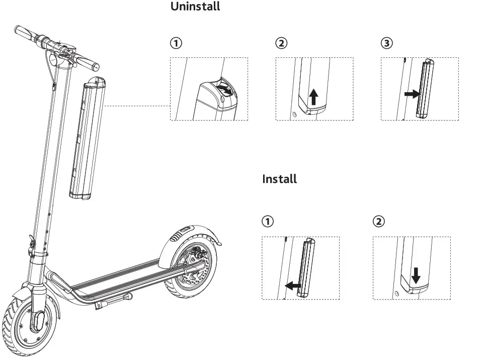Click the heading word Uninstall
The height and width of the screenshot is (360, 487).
point(195,7)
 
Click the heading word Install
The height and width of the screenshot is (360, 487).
point(279,179)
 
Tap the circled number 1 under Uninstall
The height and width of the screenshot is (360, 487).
point(175,43)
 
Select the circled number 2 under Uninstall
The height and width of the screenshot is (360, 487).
point(281,43)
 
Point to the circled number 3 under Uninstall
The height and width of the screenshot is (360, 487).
point(386,43)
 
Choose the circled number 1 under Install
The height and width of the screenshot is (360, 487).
point(268,222)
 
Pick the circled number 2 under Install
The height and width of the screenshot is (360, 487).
point(378,222)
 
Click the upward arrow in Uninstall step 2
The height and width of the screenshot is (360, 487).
point(313,96)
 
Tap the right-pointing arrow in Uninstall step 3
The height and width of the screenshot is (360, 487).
point(412,94)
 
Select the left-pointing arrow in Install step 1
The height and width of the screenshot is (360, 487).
point(292,286)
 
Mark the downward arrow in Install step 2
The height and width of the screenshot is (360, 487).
point(416,275)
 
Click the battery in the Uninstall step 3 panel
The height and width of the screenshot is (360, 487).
point(426,89)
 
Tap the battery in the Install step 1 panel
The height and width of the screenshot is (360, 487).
point(307,268)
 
